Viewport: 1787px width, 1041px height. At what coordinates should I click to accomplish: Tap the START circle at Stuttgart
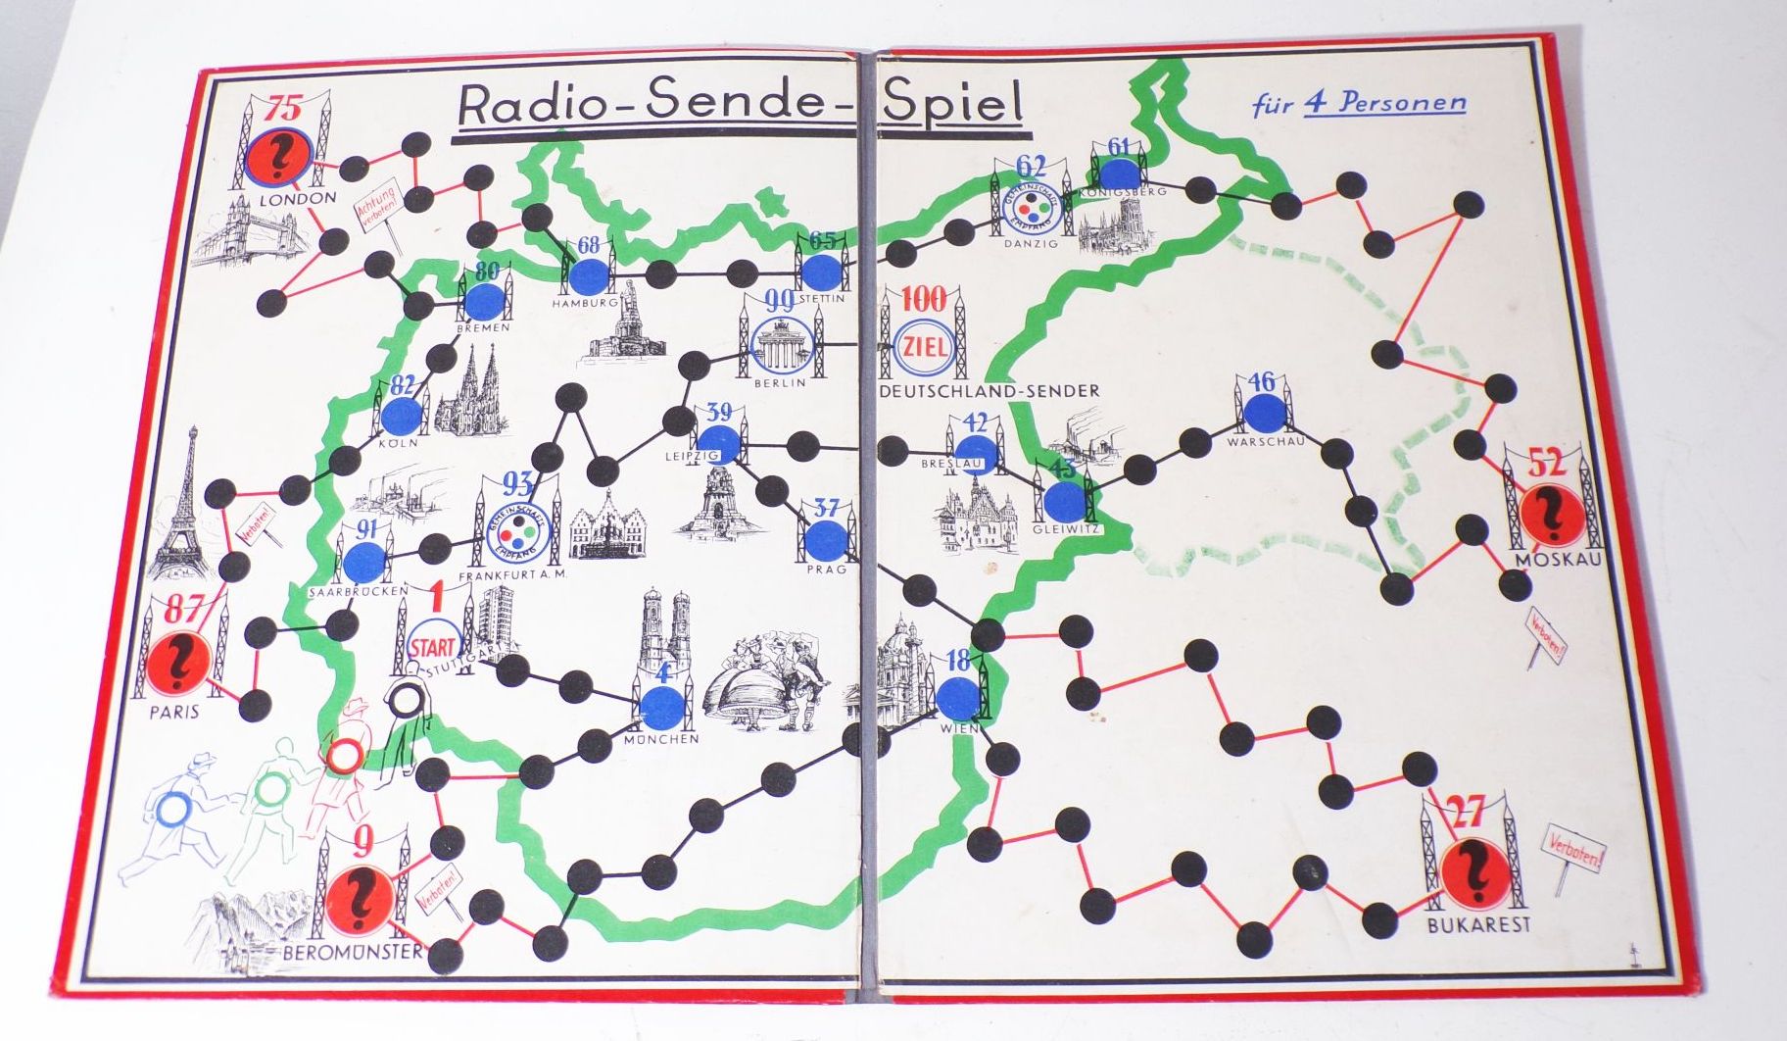tap(432, 646)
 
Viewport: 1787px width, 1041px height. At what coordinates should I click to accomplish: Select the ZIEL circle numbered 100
tap(922, 348)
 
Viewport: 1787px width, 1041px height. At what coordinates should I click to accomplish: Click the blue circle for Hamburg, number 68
tap(588, 275)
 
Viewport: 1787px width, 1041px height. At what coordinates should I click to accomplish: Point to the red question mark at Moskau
tap(1551, 516)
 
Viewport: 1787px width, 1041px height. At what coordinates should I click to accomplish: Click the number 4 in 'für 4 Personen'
tap(1313, 104)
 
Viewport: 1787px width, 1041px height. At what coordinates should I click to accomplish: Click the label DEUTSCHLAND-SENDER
tap(990, 391)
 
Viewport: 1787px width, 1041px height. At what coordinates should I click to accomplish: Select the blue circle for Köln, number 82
tap(400, 417)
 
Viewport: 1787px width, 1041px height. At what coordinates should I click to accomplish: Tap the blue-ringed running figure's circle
tap(176, 811)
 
